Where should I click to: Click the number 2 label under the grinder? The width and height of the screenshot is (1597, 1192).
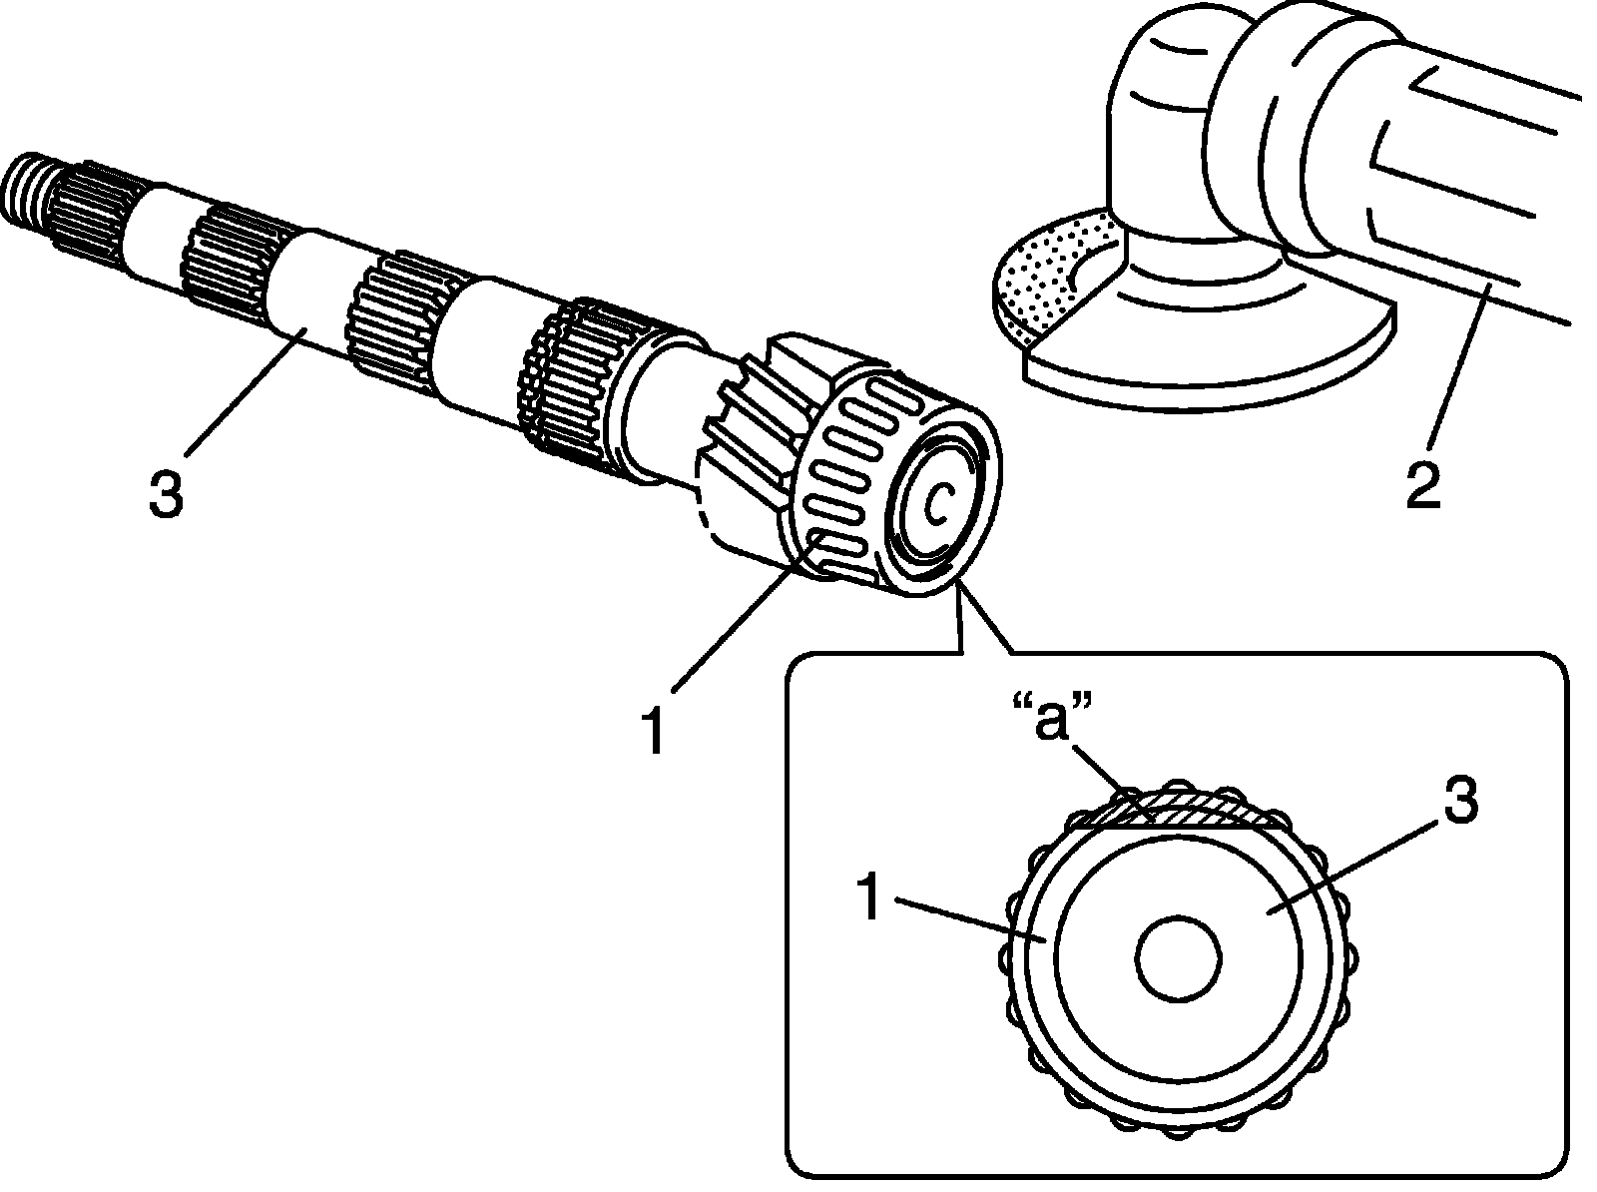pyautogui.click(x=1424, y=482)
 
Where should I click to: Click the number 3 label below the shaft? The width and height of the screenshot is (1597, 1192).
pyautogui.click(x=166, y=493)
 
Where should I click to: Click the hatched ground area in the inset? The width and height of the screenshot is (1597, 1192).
pyautogui.click(x=1188, y=811)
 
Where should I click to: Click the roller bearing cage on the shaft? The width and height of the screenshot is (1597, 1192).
pyautogui.click(x=848, y=469)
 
